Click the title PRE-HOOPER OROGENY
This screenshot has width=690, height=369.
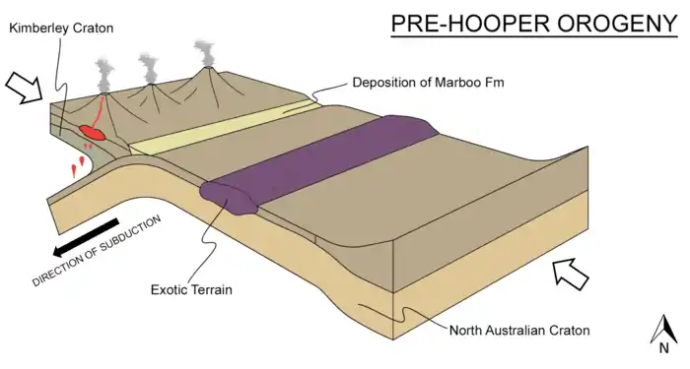point(534,24)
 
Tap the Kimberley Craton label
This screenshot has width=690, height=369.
point(61,29)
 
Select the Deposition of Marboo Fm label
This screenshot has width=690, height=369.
point(428,82)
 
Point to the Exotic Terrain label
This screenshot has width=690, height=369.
point(191,289)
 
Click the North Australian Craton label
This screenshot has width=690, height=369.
point(519,330)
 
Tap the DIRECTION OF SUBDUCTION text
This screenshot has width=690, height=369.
point(97,251)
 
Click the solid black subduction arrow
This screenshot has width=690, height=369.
point(86,237)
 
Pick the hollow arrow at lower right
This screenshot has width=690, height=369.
point(571,275)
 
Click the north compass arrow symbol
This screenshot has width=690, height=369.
point(664,330)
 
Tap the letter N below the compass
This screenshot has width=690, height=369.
point(664,348)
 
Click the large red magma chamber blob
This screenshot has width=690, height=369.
point(92,132)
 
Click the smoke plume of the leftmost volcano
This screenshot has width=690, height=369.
point(104,77)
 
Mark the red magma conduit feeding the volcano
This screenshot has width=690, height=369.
point(100,111)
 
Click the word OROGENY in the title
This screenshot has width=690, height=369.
point(618,24)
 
